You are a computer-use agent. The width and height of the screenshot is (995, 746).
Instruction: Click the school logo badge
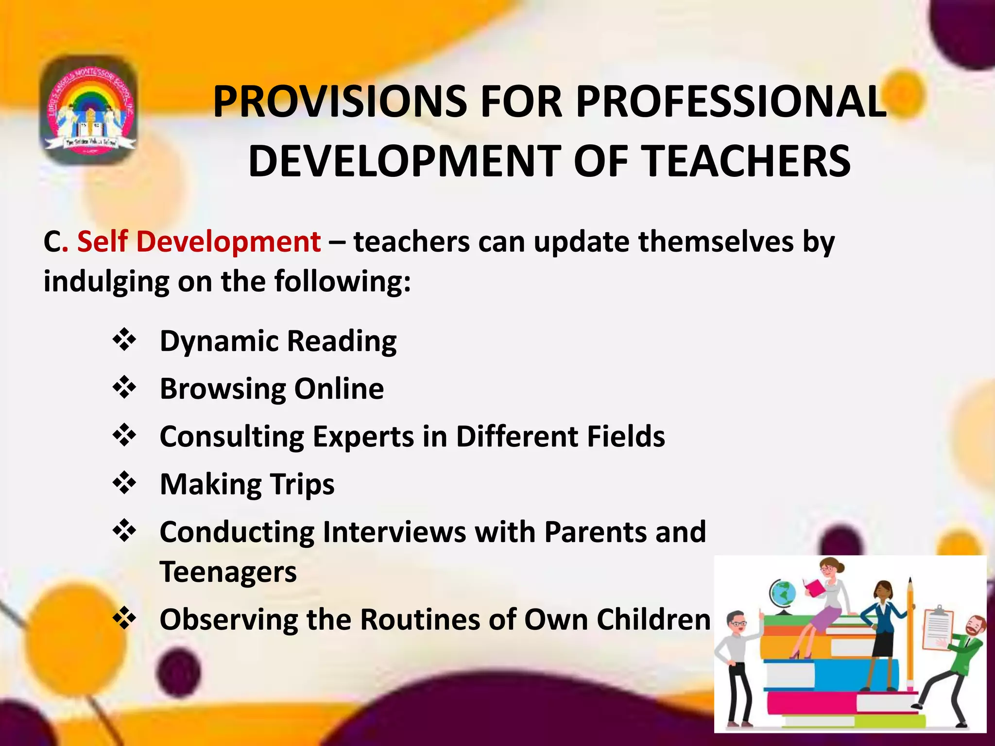(88, 110)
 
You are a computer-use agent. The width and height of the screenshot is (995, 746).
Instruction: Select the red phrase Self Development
(199, 241)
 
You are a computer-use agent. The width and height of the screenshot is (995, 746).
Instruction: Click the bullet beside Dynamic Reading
(124, 339)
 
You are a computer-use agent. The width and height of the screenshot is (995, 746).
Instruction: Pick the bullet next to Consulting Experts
(124, 435)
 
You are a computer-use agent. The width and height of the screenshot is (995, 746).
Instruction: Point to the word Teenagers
(228, 572)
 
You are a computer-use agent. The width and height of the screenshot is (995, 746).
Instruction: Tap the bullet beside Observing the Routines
(124, 618)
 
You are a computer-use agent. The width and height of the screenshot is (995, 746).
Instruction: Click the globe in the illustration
(782, 594)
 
